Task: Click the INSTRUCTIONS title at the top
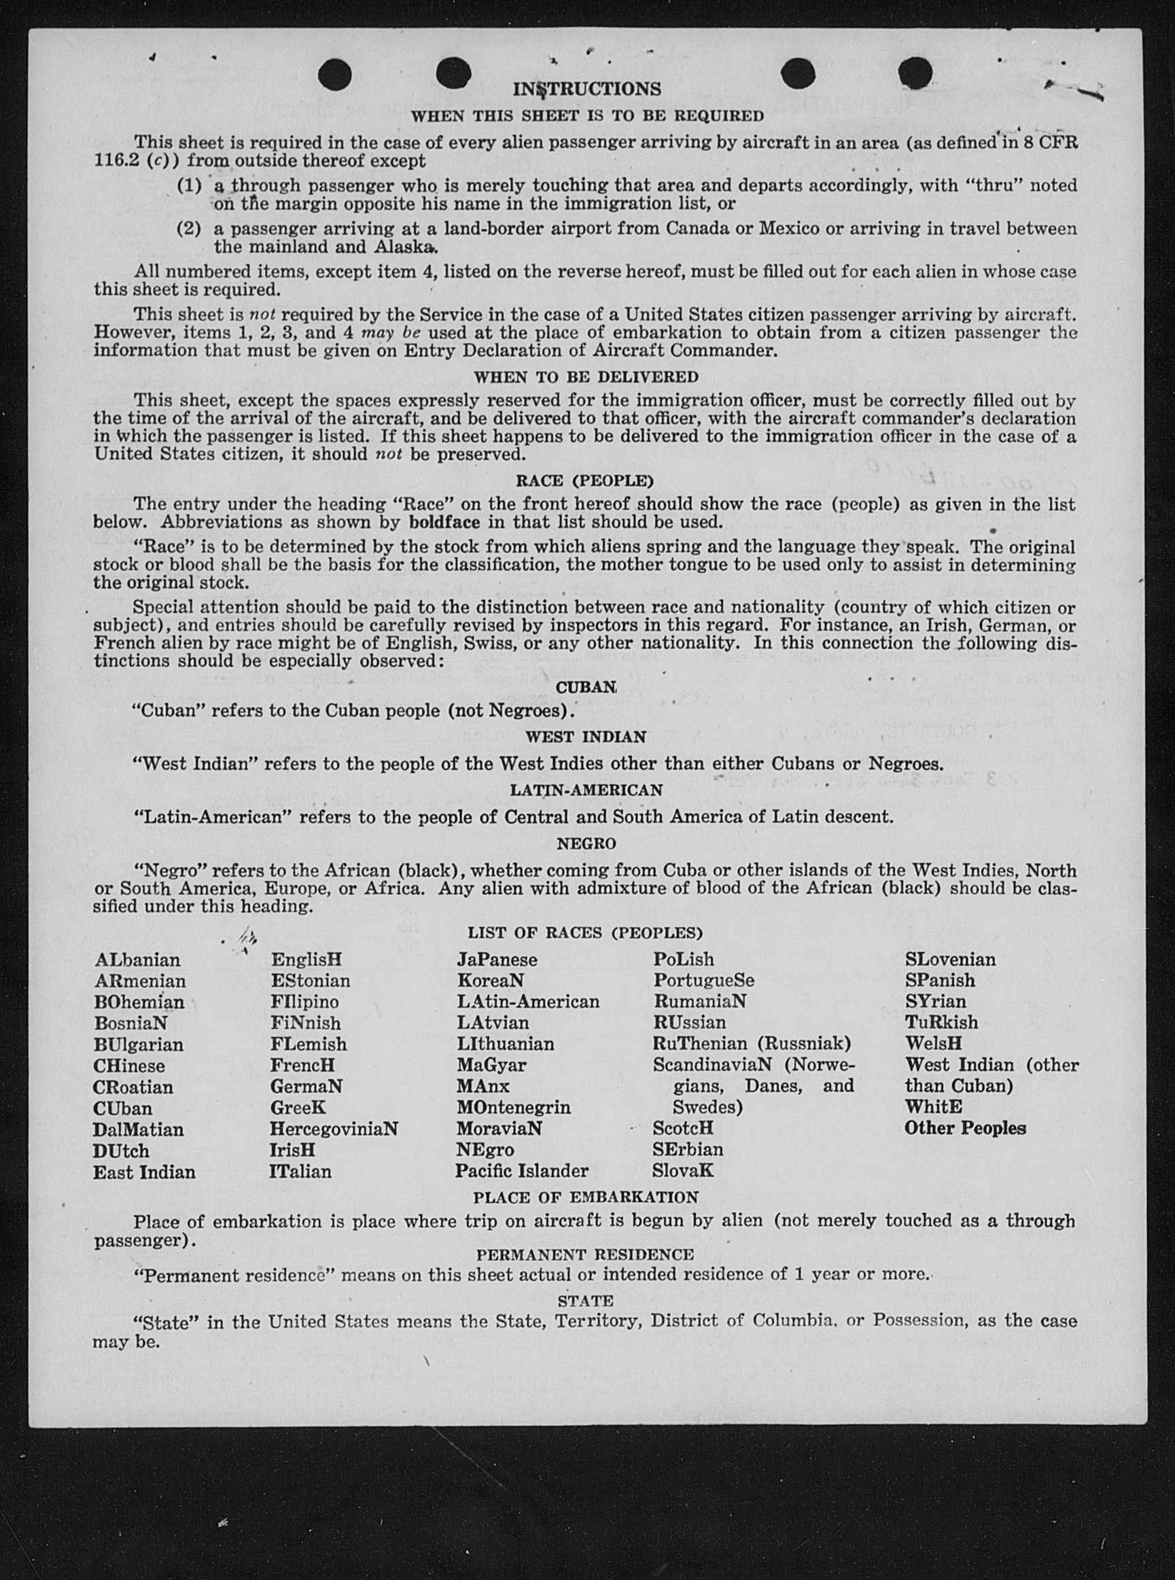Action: tap(586, 89)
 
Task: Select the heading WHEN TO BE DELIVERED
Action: tap(586, 376)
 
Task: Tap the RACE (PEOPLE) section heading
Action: tap(584, 480)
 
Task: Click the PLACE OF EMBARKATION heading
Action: tap(585, 1197)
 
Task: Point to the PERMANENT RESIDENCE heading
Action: tap(584, 1255)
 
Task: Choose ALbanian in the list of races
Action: tap(137, 960)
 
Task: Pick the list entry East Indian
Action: tap(143, 1172)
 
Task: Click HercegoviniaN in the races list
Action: tap(334, 1129)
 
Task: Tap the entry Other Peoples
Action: tap(965, 1129)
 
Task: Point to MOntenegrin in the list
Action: tap(514, 1108)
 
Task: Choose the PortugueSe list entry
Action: tap(703, 981)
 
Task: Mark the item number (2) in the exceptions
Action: tap(188, 229)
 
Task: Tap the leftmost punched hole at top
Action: tap(335, 73)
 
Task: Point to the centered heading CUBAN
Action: tap(585, 688)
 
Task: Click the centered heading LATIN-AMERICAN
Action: tap(585, 790)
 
